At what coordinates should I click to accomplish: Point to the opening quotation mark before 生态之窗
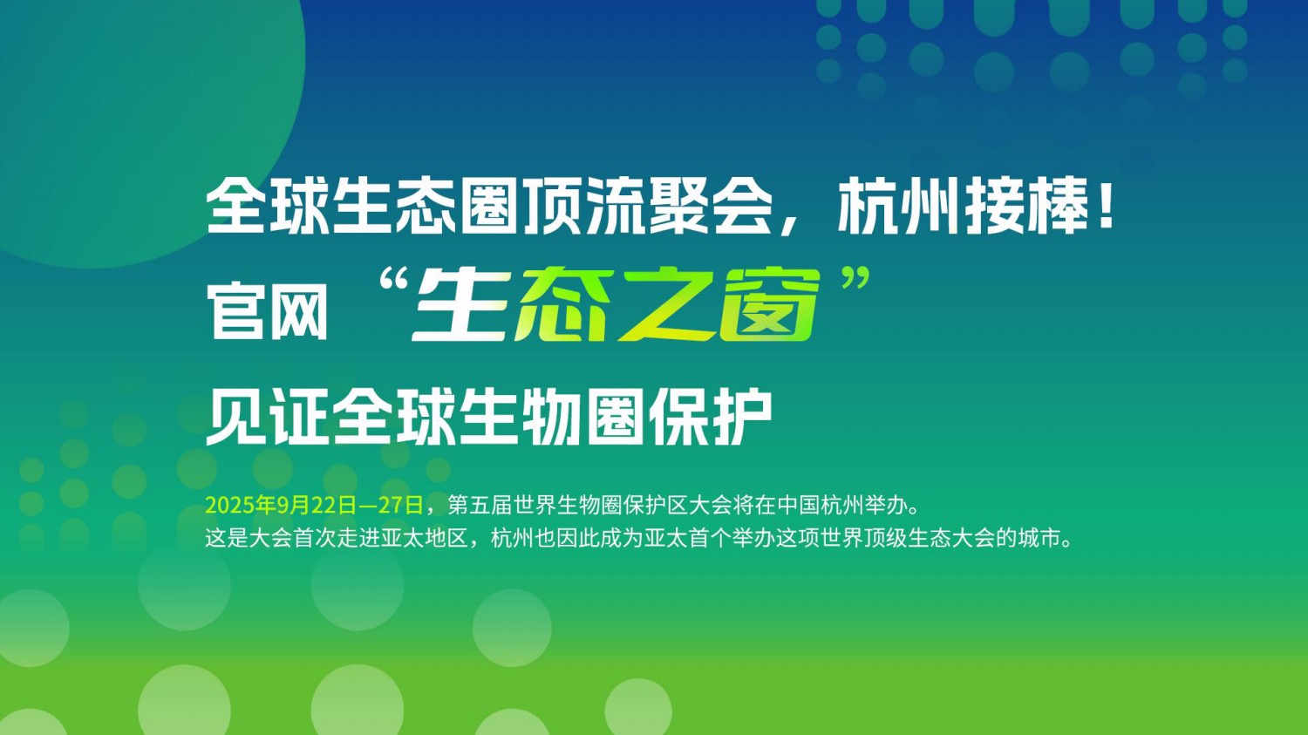[x=392, y=282]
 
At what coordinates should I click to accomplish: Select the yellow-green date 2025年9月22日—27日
[x=314, y=505]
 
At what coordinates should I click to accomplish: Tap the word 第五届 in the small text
[x=480, y=505]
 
